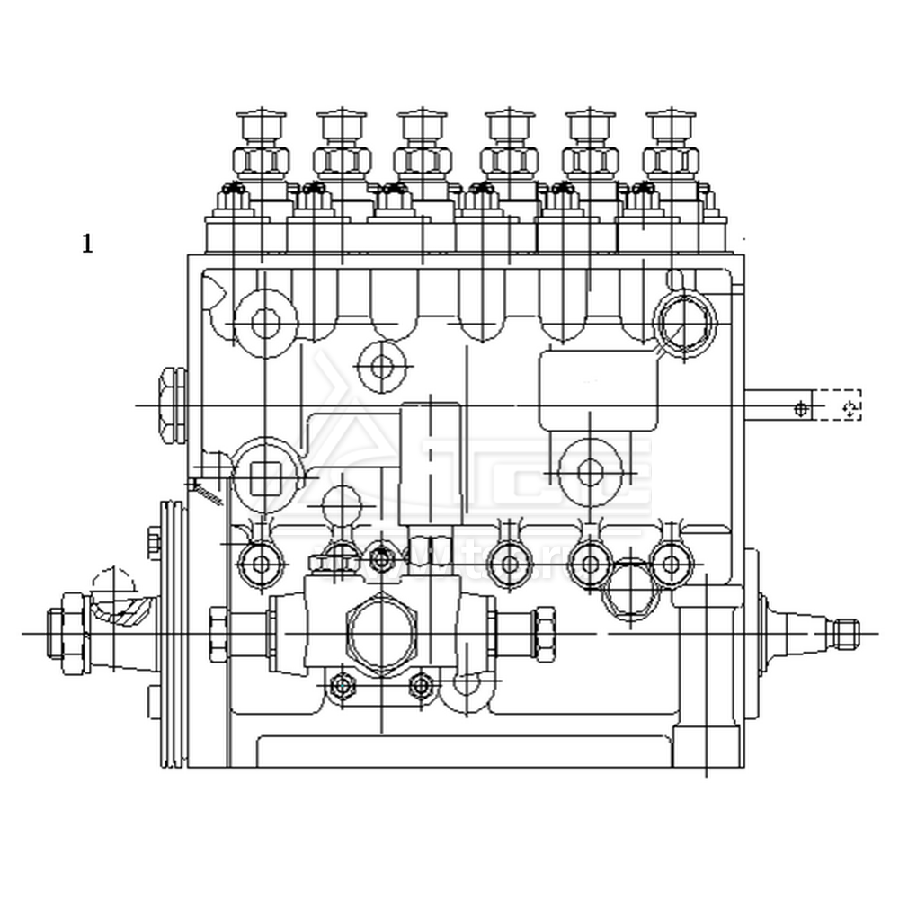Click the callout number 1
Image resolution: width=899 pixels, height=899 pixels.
tap(87, 244)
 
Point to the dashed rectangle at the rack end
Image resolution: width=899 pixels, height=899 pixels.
tap(837, 405)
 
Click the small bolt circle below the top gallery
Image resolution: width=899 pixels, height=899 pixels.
tap(382, 366)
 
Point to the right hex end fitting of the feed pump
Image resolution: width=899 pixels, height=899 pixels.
tap(542, 629)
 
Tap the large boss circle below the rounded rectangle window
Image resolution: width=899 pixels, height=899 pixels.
tap(591, 471)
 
